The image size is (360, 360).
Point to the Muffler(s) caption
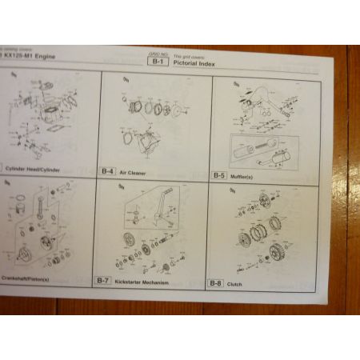(x=246, y=175)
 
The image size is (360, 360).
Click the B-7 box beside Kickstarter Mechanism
(x=102, y=281)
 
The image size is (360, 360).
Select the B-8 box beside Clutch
(x=215, y=283)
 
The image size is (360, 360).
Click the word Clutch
(x=236, y=284)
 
